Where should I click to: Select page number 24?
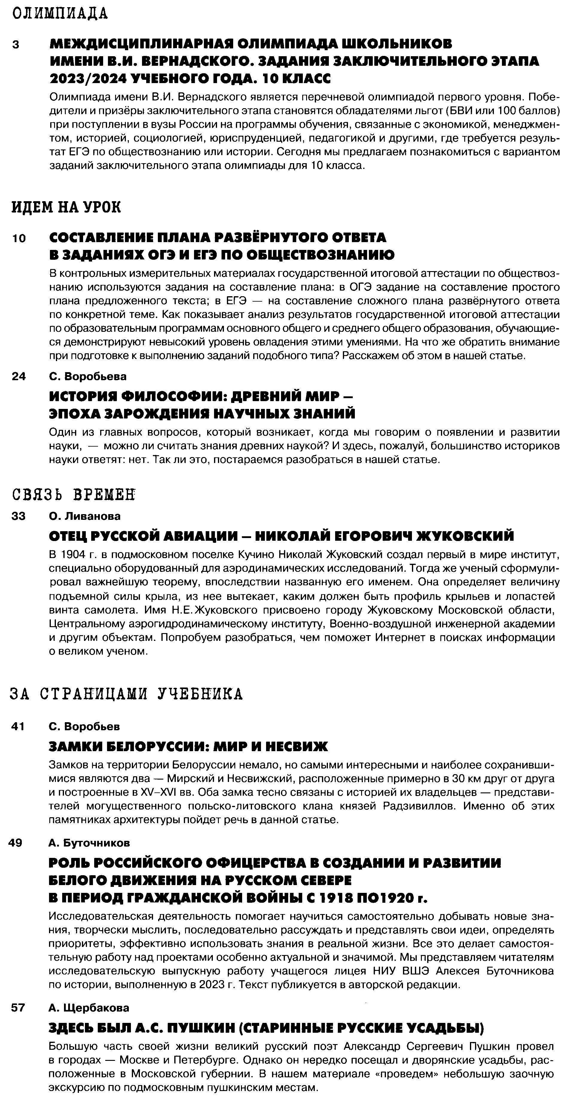point(19,376)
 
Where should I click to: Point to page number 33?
point(19,516)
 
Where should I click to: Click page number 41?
point(18,726)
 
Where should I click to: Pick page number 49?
point(16,843)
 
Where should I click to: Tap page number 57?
point(18,1007)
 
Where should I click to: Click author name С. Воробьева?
point(88,376)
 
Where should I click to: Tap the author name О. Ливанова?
point(85,516)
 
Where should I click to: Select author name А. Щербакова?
point(89,1007)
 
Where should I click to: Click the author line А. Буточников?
point(89,843)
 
